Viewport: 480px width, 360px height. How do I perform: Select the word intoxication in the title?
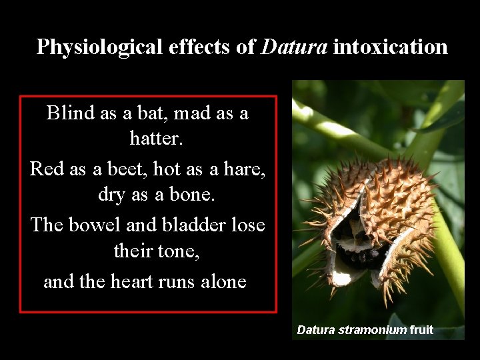390,47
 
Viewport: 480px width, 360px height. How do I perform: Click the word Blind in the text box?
71,113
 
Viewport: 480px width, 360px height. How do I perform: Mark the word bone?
175,195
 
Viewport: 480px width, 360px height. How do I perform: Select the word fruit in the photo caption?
422,329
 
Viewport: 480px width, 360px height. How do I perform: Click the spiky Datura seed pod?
373,220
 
